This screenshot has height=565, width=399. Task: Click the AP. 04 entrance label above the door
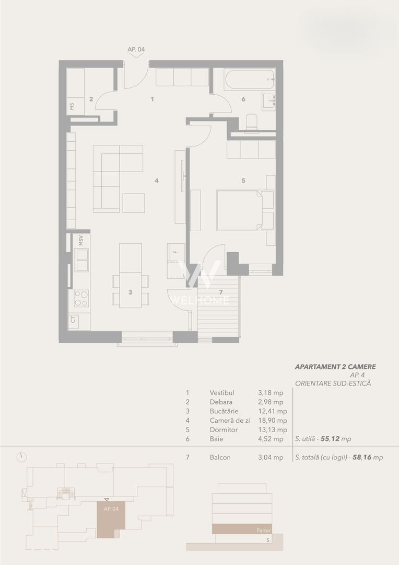pos(136,49)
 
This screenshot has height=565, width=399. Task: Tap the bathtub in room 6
pos(249,80)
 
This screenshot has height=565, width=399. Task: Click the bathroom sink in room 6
pos(269,100)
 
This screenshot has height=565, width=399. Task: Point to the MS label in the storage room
pos(72,106)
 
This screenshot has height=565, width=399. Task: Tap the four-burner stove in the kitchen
pos(81,298)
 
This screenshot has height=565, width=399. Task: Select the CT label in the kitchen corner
pos(73,319)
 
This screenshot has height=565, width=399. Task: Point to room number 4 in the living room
pos(156,181)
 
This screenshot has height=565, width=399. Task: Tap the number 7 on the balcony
pos(220,291)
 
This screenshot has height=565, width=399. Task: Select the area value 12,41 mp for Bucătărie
pos(272,411)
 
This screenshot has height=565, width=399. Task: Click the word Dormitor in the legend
pos(223,430)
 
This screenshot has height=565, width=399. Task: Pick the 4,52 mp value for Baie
pos(271,439)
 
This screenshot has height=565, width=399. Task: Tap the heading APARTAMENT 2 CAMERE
pos(335,367)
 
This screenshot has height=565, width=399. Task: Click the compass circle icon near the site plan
pos(21,456)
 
